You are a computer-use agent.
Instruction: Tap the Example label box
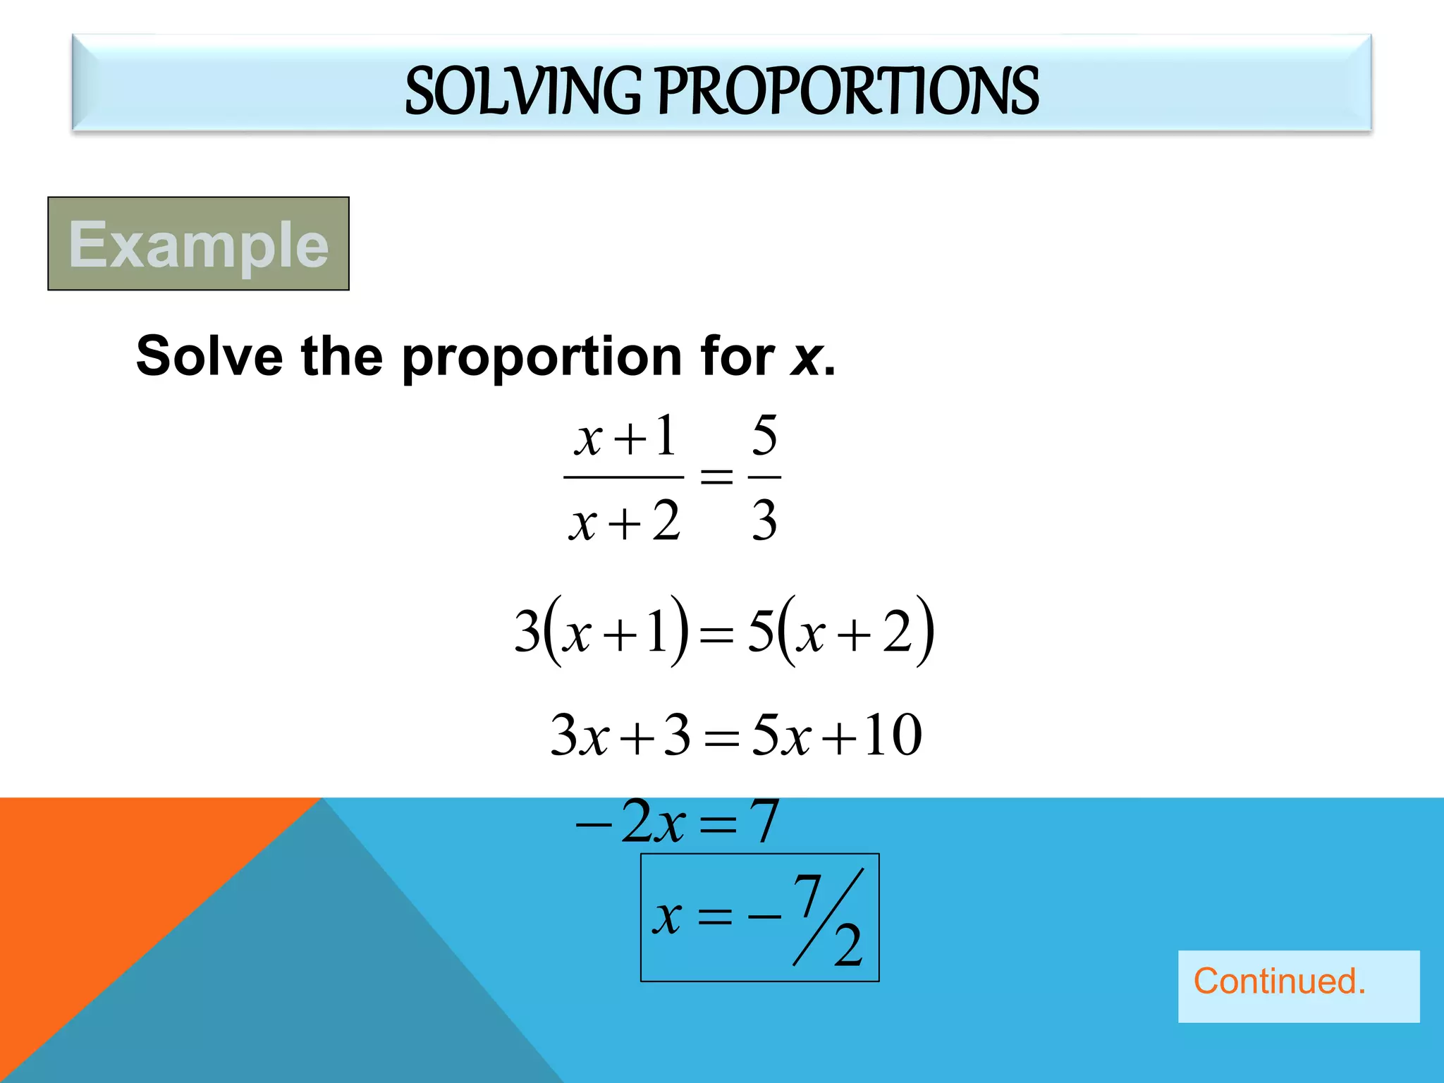[198, 244]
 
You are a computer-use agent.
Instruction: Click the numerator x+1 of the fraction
[625, 437]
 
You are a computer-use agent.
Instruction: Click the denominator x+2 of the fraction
[624, 522]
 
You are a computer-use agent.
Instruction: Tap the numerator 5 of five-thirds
[764, 435]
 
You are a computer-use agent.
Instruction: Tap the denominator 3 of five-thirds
[764, 520]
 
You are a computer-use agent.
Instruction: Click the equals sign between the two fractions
[716, 477]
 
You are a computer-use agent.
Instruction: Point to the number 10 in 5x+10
[893, 735]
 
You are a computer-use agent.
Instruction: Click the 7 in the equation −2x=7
[764, 821]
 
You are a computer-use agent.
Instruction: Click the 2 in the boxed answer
[848, 946]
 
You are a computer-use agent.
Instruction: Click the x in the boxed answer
[667, 917]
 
